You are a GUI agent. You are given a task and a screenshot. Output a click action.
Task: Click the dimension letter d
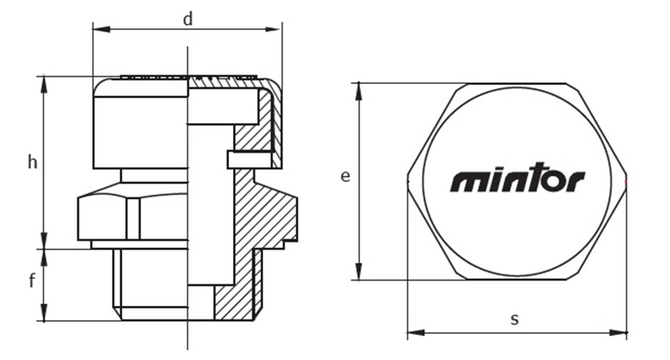point(188,20)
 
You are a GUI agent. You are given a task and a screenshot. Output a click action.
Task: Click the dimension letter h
point(32,162)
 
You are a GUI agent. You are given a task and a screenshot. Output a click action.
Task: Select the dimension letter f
point(32,281)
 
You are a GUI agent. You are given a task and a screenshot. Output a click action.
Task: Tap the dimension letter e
point(345,176)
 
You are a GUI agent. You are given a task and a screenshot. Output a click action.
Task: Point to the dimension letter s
point(515,319)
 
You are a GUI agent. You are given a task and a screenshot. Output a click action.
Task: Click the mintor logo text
point(517,181)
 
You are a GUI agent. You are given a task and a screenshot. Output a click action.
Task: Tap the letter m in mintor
point(467,182)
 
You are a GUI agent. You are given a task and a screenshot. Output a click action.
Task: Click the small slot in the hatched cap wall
point(249,158)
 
